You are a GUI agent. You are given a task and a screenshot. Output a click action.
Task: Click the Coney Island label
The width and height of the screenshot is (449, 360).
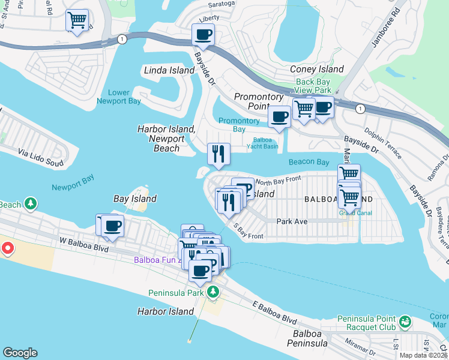pyautogui.click(x=316, y=69)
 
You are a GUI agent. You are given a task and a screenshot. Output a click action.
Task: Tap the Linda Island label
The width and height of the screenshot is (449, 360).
pyautogui.click(x=169, y=70)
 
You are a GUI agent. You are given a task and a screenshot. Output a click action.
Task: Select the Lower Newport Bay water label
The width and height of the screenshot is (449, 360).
pyautogui.click(x=119, y=97)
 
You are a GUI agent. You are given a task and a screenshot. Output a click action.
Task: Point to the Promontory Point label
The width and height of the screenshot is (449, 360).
pyautogui.click(x=258, y=101)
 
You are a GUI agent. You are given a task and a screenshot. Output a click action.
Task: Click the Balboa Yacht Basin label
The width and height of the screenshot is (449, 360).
pyautogui.click(x=262, y=142)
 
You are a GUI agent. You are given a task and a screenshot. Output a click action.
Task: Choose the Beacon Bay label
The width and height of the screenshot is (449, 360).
pyautogui.click(x=309, y=162)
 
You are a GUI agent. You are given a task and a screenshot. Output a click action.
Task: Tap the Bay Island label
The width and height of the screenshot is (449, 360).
pyautogui.click(x=135, y=199)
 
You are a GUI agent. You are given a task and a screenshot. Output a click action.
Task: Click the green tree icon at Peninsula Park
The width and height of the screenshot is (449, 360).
pyautogui.click(x=212, y=292)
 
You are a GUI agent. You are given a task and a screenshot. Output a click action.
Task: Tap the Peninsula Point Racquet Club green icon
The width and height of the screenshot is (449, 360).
pyautogui.click(x=405, y=323)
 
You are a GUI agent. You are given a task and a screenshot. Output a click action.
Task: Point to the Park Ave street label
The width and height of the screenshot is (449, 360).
pyautogui.click(x=292, y=221)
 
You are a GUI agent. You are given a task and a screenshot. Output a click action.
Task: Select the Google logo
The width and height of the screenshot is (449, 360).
pyautogui.click(x=20, y=353)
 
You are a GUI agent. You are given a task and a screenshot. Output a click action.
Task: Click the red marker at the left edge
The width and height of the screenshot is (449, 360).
pyautogui.click(x=7, y=247)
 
